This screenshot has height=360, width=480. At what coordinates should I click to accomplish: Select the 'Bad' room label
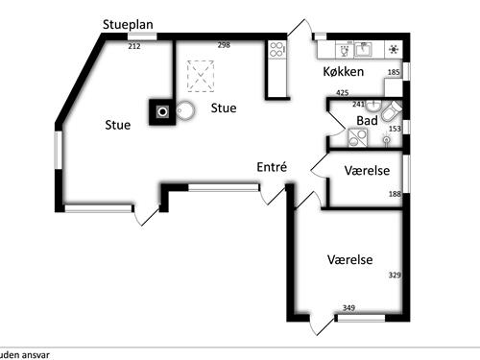(366, 121)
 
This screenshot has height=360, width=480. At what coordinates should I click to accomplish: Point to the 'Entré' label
(272, 166)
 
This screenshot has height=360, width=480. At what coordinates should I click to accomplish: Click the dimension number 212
(133, 45)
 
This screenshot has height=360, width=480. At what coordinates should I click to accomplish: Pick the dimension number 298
(224, 45)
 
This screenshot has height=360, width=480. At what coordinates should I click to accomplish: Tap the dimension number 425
(342, 92)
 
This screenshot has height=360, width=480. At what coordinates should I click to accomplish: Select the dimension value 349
(348, 307)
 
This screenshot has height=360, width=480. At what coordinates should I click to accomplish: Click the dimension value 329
(394, 276)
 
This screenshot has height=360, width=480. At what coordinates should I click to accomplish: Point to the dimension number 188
(394, 194)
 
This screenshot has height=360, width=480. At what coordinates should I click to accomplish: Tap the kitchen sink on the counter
(364, 50)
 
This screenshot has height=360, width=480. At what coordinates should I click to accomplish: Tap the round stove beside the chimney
(184, 110)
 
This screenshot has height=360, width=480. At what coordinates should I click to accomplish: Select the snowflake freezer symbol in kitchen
(393, 50)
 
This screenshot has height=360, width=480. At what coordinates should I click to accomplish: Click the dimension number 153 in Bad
(394, 127)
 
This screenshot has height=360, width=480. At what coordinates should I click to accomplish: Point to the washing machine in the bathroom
(356, 138)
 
